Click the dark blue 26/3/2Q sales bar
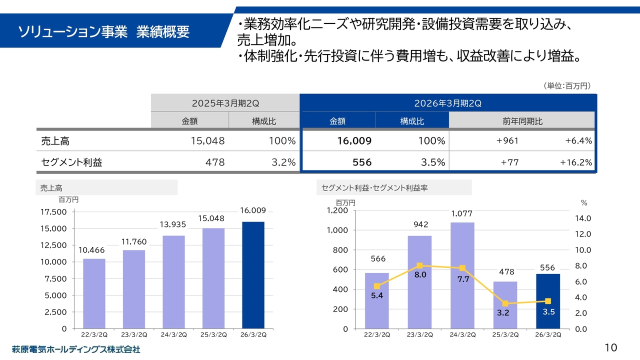click(253, 275)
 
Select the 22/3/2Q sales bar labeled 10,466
click(94, 293)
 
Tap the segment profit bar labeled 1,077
click(462, 275)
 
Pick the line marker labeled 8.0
click(419, 266)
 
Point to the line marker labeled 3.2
click(505, 303)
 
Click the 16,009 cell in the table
click(354, 141)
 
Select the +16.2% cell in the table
click(576, 162)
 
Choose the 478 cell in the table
click(215, 162)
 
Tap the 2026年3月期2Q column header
click(447, 103)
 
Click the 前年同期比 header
click(522, 121)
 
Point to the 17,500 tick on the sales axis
click(52, 212)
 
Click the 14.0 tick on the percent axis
click(583, 218)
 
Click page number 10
click(610, 347)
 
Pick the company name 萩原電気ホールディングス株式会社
click(76, 349)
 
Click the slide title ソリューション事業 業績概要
click(104, 32)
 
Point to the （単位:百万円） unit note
click(567, 86)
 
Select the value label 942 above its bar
click(420, 225)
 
